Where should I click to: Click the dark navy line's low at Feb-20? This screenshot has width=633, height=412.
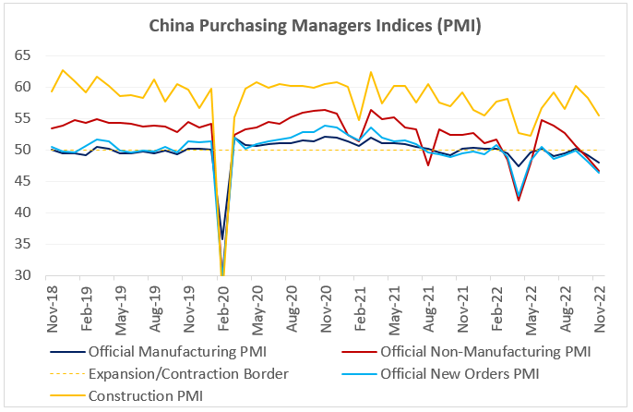click(223, 239)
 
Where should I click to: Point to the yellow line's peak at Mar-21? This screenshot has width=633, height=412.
click(371, 72)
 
